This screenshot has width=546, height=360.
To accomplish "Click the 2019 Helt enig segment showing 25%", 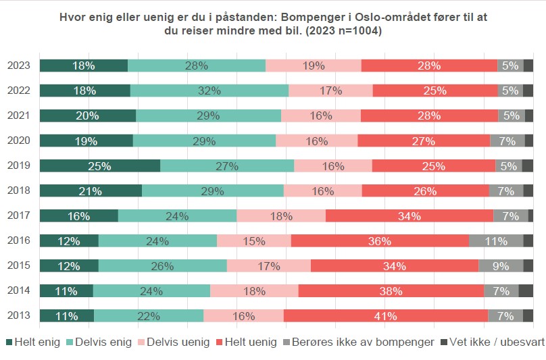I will click(100, 165).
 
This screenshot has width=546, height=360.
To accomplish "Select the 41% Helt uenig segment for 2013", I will click(386, 315).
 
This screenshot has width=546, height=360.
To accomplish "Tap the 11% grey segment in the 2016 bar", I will click(496, 240).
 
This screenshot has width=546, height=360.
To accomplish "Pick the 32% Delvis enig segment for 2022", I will click(209, 91).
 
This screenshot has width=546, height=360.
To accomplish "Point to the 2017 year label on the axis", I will click(18, 215).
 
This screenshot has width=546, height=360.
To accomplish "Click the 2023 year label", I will click(18, 66).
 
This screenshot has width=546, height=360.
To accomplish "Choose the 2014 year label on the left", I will click(18, 290).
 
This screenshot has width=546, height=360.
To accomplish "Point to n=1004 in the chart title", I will click(355, 32).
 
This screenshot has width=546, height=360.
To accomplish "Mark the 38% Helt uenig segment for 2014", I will click(391, 290).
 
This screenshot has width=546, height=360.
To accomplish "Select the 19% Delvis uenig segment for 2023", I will click(314, 66).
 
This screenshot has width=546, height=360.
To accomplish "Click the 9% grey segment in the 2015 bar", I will click(501, 265).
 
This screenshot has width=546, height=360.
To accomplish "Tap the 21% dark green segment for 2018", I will click(91, 190).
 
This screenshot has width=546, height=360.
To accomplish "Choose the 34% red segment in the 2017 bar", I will click(409, 215).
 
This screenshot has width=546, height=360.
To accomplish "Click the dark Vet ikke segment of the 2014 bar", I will click(526, 290).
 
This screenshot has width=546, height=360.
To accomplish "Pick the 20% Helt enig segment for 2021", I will click(88, 115).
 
